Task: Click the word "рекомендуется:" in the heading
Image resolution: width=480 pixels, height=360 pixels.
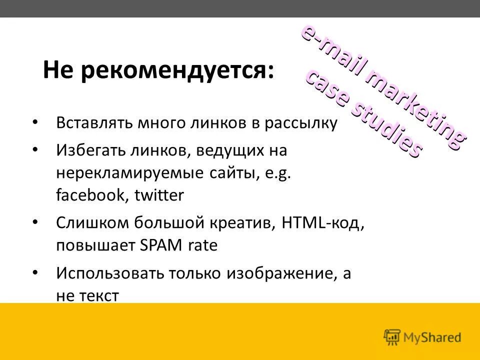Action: tap(178, 70)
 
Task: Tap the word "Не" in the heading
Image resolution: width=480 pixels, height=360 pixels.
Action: tap(59, 70)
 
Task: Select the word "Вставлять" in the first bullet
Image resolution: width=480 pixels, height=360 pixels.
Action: tap(95, 123)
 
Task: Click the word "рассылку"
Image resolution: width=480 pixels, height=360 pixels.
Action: tap(304, 123)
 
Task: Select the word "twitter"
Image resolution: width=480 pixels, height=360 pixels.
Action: tap(159, 195)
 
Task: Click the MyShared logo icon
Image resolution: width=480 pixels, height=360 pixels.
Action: tap(392, 337)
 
